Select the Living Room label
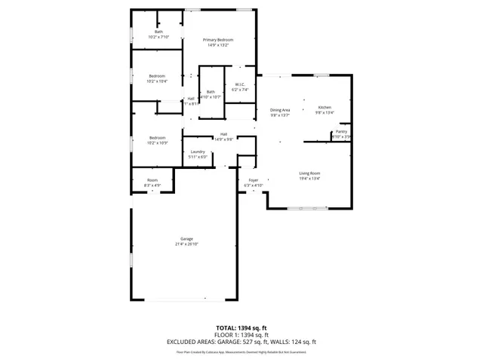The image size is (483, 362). point(309,173)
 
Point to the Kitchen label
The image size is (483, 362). point(325,108)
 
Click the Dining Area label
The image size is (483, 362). point(281,110)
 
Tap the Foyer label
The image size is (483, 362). point(254,180)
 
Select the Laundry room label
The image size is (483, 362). point(198,152)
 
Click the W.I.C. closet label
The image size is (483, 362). point(239,84)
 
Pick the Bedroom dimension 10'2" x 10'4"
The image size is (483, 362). point(157,81)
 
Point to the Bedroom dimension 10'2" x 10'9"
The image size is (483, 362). point(157,143)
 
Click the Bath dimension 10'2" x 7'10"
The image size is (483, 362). point(158,37)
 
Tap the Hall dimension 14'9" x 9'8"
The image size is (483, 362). point(224,139)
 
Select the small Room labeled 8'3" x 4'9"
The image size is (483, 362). point(152,183)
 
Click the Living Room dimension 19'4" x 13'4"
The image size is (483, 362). point(309,179)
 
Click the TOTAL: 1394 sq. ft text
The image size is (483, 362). point(241,328)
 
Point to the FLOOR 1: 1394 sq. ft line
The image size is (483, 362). point(241,335)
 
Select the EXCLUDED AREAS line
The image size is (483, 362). point(241,342)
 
